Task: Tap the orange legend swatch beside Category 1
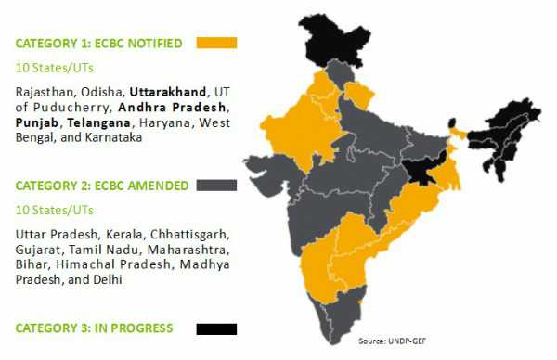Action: point(217,43)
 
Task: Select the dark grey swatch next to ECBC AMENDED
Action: point(217,186)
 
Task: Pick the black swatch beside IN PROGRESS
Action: point(217,328)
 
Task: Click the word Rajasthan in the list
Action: point(45,91)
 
